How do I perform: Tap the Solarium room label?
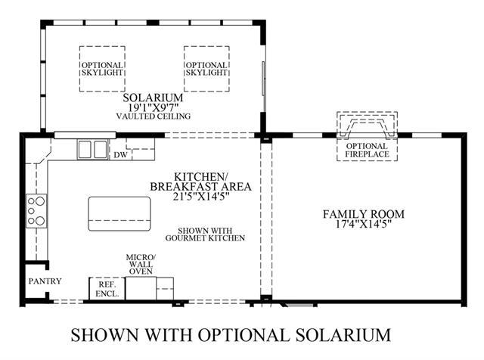click(153, 98)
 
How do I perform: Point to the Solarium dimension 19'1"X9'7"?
click(153, 107)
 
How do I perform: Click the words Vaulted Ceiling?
click(153, 116)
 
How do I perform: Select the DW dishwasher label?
click(120, 155)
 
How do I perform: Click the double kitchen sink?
click(92, 150)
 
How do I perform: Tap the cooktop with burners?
click(36, 211)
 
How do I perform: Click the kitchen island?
click(119, 213)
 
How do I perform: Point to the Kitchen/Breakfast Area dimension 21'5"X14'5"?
click(200, 197)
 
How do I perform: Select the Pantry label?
click(45, 281)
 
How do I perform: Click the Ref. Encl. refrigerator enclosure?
click(107, 289)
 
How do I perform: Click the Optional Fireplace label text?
click(367, 150)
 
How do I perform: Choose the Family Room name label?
click(364, 213)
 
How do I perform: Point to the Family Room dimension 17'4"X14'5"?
click(364, 224)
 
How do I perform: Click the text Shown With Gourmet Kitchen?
click(205, 234)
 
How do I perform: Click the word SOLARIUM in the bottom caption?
click(343, 335)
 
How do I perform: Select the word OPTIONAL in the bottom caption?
click(244, 335)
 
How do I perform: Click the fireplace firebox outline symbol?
click(367, 127)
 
